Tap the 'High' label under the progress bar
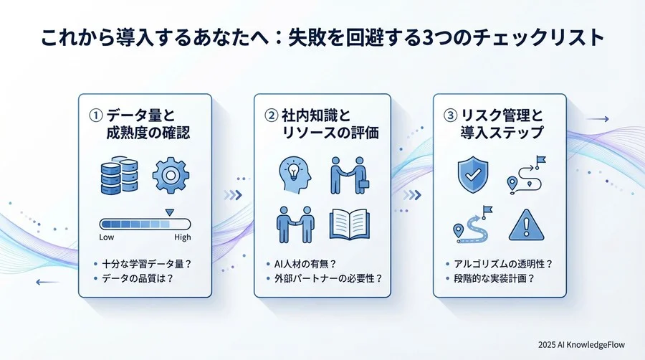click(183, 237)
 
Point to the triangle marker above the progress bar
click(169, 212)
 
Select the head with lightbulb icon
click(294, 175)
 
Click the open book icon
click(349, 224)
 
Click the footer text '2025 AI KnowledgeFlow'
click(583, 344)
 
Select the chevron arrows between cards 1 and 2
click(233, 194)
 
